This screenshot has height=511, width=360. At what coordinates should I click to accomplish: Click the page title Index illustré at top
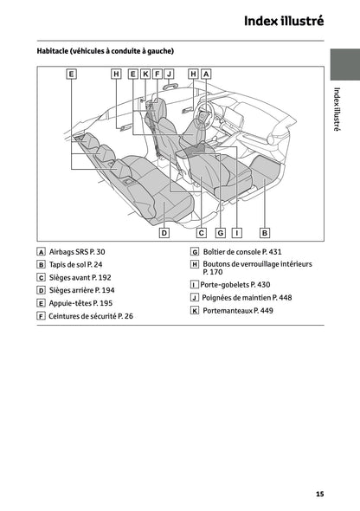[x=283, y=21]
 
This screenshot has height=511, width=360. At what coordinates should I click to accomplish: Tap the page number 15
[x=319, y=494]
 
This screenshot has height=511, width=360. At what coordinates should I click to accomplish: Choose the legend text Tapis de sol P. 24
[x=75, y=264]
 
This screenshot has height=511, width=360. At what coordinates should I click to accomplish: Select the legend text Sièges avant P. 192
[x=81, y=277]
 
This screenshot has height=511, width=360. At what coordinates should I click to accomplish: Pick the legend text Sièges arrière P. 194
[x=82, y=290]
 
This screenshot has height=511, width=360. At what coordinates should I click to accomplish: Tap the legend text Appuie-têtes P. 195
[x=80, y=303]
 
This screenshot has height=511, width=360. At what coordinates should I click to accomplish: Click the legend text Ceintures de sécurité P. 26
[x=91, y=316]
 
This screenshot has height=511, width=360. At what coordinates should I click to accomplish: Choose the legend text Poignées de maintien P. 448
[x=246, y=297]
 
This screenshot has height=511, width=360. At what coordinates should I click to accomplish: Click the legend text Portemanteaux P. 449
[x=236, y=310]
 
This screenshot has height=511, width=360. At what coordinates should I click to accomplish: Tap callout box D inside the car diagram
[x=164, y=232]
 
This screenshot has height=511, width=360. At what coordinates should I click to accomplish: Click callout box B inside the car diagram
[x=265, y=232]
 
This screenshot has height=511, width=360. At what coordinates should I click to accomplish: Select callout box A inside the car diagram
[x=206, y=74]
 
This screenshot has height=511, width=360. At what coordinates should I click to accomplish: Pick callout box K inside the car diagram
[x=145, y=74]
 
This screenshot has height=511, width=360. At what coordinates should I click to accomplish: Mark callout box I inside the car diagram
[x=236, y=232]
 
